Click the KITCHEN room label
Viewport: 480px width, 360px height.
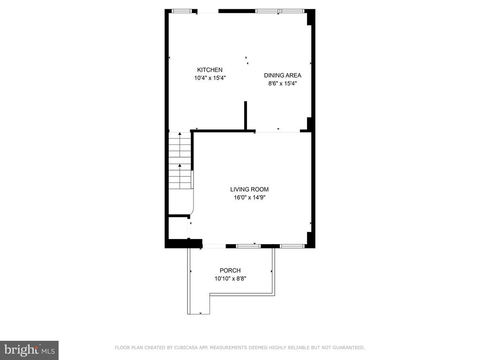click(x=210, y=70)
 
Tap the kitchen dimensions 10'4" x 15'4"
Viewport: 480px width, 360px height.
click(x=210, y=78)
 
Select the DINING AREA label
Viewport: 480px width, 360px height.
click(x=283, y=75)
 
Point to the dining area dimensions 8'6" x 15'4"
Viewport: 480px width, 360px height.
click(x=283, y=83)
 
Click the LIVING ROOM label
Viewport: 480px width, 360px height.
click(x=249, y=189)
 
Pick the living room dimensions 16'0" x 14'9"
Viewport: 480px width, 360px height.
click(x=249, y=197)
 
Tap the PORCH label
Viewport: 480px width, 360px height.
click(x=230, y=270)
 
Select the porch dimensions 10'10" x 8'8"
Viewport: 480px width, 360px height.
click(x=230, y=278)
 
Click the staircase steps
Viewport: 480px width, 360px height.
click(x=180, y=161)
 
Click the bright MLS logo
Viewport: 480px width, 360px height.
click(x=30, y=350)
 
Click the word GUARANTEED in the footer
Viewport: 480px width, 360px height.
click(x=348, y=347)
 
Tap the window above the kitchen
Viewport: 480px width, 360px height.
click(x=182, y=11)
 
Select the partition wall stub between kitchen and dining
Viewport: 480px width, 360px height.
click(x=246, y=116)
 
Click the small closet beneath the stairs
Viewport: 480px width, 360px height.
click(x=178, y=228)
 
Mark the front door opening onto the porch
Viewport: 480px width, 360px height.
click(x=214, y=246)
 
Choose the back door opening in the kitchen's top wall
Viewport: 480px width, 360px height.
click(x=208, y=11)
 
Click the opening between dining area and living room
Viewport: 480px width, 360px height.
click(x=277, y=132)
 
